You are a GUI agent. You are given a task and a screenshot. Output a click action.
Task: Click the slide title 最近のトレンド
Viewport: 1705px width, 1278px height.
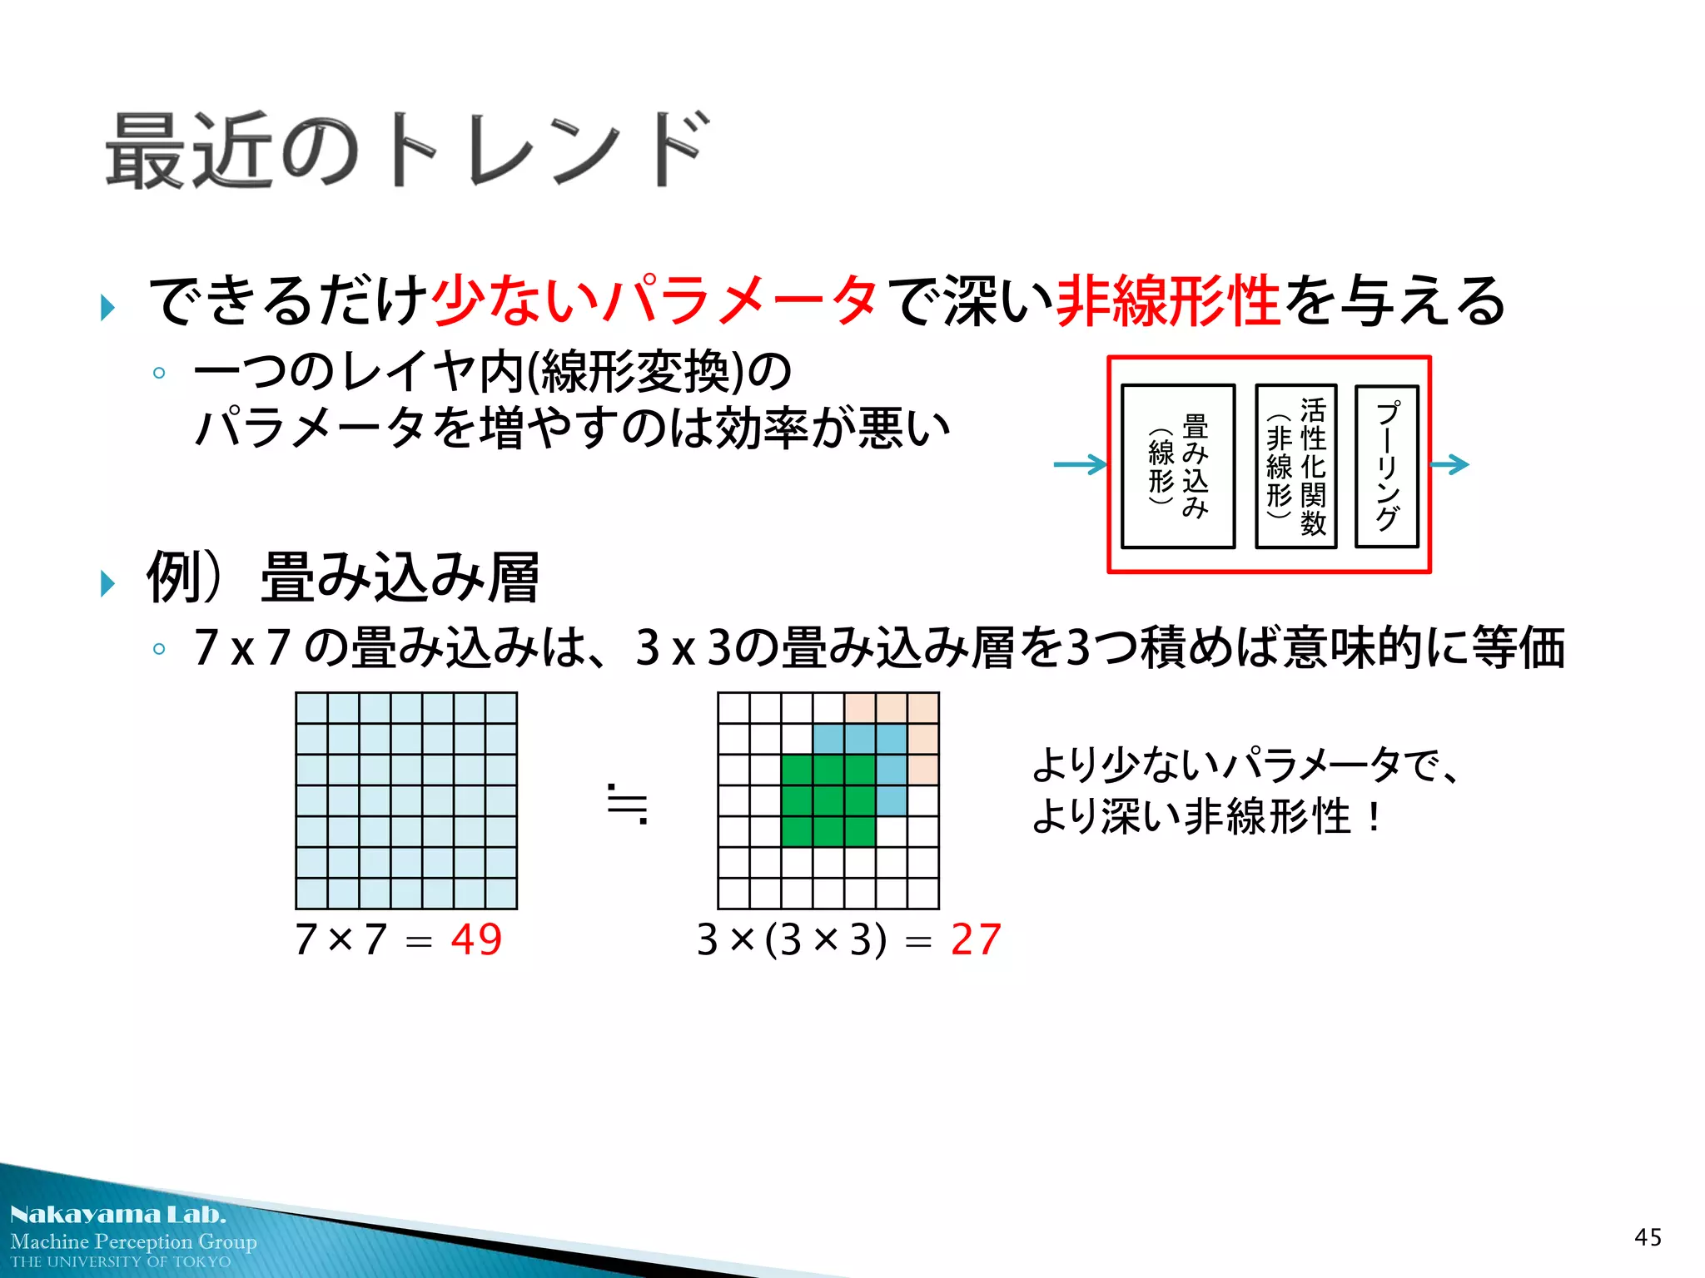click(x=408, y=151)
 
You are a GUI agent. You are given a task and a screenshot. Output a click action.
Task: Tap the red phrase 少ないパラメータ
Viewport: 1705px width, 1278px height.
click(x=654, y=300)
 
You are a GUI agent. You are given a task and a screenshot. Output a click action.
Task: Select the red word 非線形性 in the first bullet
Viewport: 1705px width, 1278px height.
click(x=1167, y=300)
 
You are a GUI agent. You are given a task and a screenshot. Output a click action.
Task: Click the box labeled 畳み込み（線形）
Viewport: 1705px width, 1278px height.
click(x=1178, y=466)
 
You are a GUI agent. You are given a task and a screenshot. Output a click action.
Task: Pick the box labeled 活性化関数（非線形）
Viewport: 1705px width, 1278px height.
click(x=1295, y=466)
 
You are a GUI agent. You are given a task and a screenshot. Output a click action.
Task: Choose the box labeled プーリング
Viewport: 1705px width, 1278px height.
click(x=1386, y=466)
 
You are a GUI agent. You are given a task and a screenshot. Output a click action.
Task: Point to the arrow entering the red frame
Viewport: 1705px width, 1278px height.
click(x=1080, y=464)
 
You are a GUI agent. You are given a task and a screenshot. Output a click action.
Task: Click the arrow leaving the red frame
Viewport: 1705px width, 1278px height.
click(x=1450, y=464)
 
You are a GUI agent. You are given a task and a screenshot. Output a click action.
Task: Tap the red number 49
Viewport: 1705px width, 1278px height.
click(x=476, y=940)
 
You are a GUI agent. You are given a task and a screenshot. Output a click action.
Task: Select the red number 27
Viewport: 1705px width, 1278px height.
click(x=976, y=940)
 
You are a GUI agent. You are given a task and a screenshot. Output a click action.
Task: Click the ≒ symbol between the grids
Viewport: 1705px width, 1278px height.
click(x=628, y=804)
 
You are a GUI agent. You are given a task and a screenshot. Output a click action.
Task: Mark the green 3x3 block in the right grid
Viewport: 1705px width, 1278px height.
click(x=828, y=800)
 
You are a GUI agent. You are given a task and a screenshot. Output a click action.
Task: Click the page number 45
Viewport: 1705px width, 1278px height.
click(x=1648, y=1237)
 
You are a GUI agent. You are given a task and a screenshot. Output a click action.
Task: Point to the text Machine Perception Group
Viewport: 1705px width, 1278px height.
click(x=133, y=1241)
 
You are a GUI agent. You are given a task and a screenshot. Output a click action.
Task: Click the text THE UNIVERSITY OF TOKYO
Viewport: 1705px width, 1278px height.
click(x=121, y=1262)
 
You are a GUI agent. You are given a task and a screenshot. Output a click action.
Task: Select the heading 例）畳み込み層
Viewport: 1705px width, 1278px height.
click(x=343, y=577)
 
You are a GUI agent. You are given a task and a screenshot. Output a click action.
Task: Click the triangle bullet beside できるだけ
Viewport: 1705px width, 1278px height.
click(x=107, y=307)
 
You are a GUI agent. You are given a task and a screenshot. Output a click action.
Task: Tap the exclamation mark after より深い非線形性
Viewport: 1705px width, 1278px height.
click(x=1373, y=816)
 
